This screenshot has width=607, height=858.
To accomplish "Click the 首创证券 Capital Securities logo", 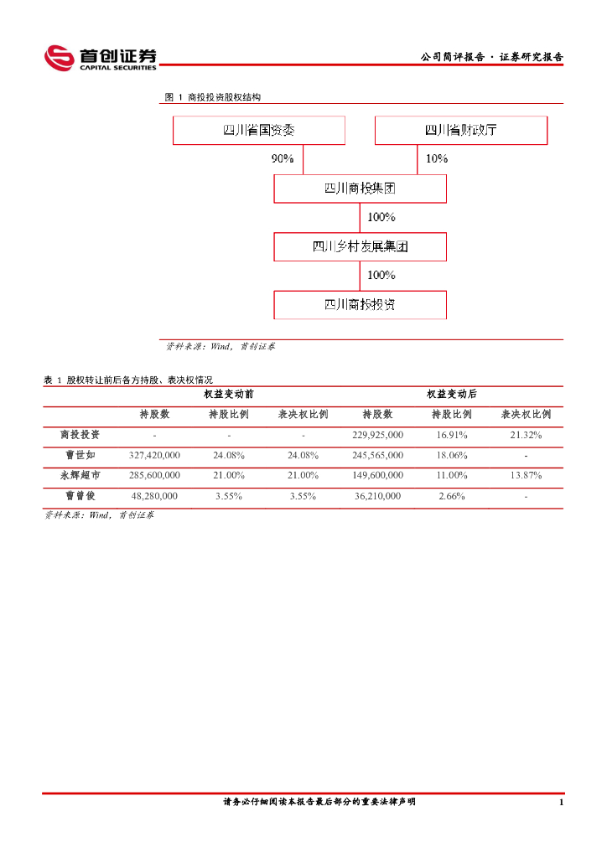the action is [101, 58].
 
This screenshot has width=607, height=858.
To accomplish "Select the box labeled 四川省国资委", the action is [259, 130].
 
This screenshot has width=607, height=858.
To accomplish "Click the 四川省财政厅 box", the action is [460, 130].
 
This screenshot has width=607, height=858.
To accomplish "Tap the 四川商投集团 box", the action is [360, 189].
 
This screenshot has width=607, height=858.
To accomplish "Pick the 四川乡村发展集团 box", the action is [360, 246].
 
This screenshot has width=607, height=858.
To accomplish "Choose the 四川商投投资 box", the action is [360, 304].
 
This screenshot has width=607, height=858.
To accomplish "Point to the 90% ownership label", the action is [283, 158].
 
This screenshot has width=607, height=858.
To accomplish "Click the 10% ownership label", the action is [437, 158].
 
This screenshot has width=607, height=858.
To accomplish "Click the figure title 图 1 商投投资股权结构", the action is [213, 97].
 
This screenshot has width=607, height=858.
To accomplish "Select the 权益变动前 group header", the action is [228, 394].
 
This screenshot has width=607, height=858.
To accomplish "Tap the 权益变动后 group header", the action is [451, 394].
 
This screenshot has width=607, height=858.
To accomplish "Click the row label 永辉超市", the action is [80, 475].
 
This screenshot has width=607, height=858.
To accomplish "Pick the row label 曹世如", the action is [80, 455].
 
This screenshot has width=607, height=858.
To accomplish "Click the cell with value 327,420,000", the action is [155, 455].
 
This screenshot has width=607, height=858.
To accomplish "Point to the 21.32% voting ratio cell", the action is [526, 435].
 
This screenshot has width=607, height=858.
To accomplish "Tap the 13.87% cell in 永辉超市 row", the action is [526, 475].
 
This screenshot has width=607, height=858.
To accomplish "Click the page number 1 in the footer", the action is [560, 803].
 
